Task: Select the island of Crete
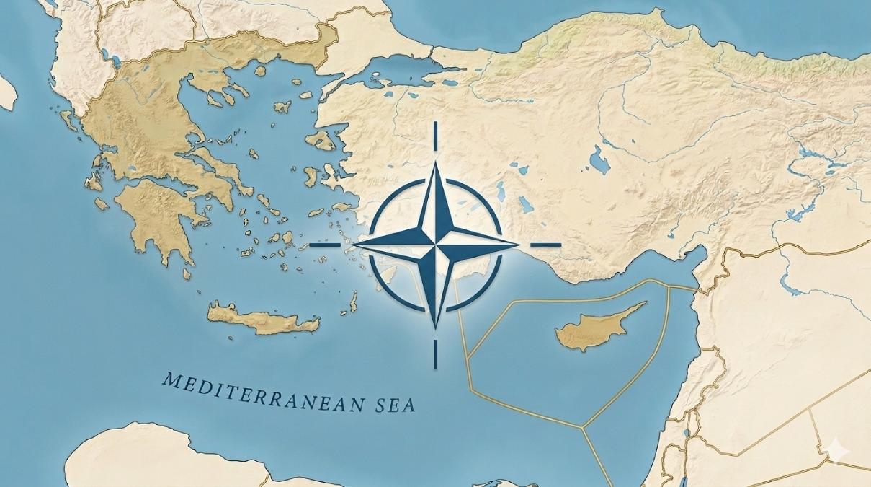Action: tap(263, 319)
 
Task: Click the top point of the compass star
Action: tap(435, 164)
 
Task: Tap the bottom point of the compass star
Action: tap(435, 326)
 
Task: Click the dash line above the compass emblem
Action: tap(435, 136)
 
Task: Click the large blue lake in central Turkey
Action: tap(599, 159)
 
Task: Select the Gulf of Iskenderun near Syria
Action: tap(695, 263)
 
